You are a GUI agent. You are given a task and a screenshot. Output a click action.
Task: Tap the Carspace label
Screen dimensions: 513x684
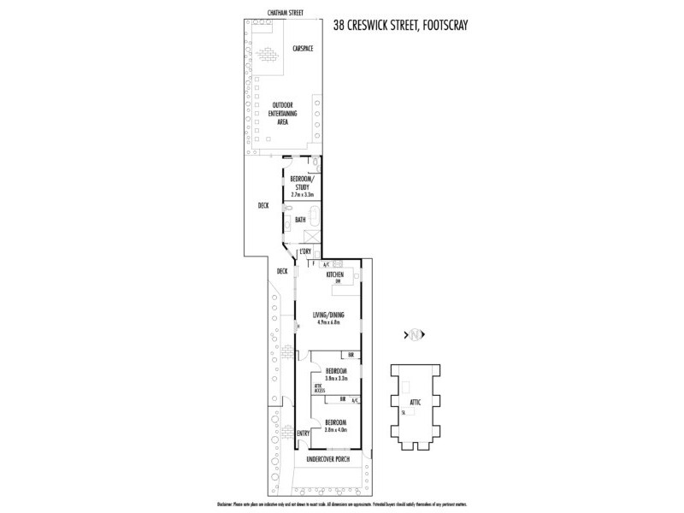(302, 49)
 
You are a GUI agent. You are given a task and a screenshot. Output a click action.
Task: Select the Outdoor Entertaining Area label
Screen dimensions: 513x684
(282, 114)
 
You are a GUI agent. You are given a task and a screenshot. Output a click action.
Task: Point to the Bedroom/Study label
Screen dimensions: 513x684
(301, 182)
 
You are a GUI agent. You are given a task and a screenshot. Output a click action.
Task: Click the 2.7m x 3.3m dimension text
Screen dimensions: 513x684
(301, 195)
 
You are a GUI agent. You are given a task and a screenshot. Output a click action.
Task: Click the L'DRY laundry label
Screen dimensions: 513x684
(304, 251)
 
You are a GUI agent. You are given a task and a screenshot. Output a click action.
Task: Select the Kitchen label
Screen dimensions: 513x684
(334, 274)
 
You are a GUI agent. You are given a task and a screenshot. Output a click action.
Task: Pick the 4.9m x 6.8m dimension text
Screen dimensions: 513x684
(328, 322)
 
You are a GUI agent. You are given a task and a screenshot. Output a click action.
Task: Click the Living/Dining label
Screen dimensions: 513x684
(328, 314)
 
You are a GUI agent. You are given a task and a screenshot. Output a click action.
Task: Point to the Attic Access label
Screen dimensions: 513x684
(320, 388)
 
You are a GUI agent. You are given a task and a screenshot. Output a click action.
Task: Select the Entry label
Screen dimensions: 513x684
(302, 433)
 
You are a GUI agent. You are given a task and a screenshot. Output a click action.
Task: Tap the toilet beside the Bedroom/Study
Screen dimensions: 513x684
(315, 162)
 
